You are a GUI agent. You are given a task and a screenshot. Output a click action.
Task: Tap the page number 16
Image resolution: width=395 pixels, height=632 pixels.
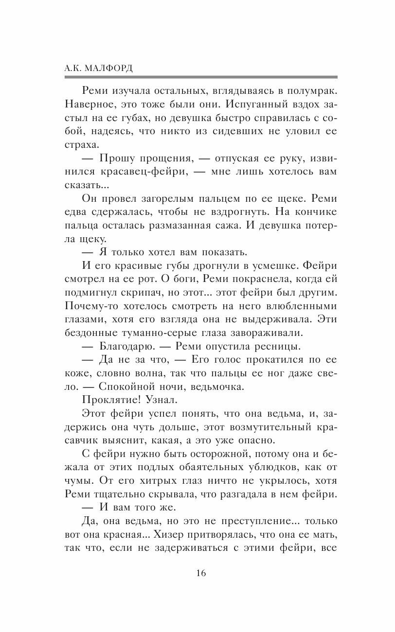coord(201,573)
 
